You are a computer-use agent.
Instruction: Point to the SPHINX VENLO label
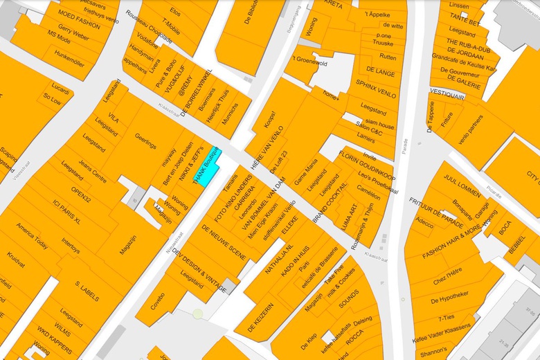point(375,88)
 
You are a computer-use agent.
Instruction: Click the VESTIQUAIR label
point(447,91)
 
